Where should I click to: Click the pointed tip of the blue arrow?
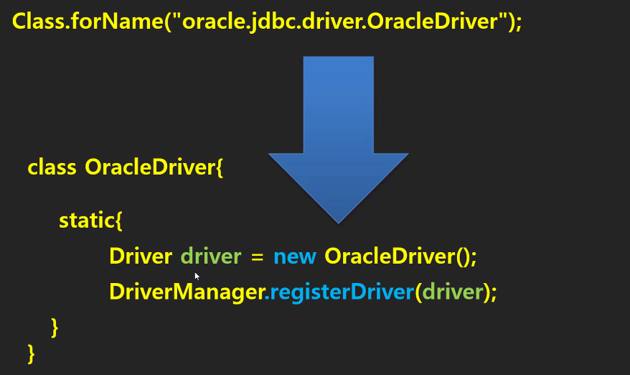(x=338, y=221)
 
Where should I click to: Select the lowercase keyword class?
(x=52, y=167)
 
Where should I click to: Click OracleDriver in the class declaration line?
(x=150, y=167)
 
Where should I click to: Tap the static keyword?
(x=86, y=220)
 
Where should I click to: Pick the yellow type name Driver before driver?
(x=141, y=256)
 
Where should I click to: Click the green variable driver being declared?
(x=211, y=256)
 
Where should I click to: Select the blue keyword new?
(x=294, y=256)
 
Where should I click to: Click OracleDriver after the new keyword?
(x=387, y=256)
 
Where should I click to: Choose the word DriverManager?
(x=187, y=292)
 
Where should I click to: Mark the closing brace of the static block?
(x=55, y=327)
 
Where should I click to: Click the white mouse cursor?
(x=197, y=275)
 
